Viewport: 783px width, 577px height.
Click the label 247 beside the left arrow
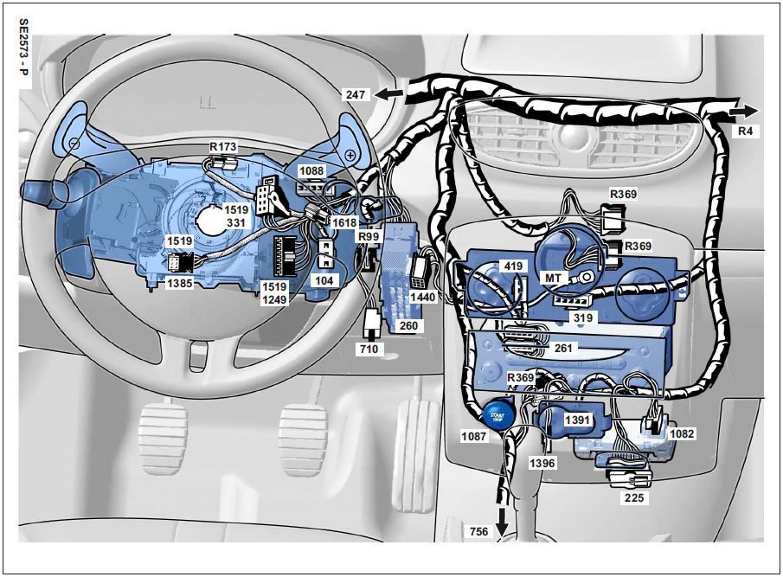tap(356, 94)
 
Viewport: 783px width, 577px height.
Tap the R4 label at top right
tap(745, 131)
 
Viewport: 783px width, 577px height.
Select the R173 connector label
tap(222, 147)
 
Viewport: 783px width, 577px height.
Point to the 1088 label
tap(311, 171)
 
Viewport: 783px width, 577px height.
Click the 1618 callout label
tap(344, 222)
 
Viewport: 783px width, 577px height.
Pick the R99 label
tap(369, 236)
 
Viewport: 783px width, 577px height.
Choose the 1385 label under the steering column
tap(180, 283)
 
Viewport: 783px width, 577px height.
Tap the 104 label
tap(324, 280)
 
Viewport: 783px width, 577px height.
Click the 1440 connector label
tap(422, 297)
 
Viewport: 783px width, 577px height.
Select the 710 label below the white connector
tap(369, 349)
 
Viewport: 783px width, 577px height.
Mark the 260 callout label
tap(408, 326)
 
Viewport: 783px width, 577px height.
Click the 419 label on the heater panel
tap(513, 266)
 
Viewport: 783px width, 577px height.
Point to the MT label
tap(553, 277)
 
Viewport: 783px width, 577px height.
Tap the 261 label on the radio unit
tap(562, 348)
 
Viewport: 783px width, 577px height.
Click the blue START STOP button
tap(497, 414)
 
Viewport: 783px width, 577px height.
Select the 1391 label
tap(577, 420)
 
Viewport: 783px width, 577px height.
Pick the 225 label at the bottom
tap(633, 497)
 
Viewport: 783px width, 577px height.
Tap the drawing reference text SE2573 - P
tap(23, 47)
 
